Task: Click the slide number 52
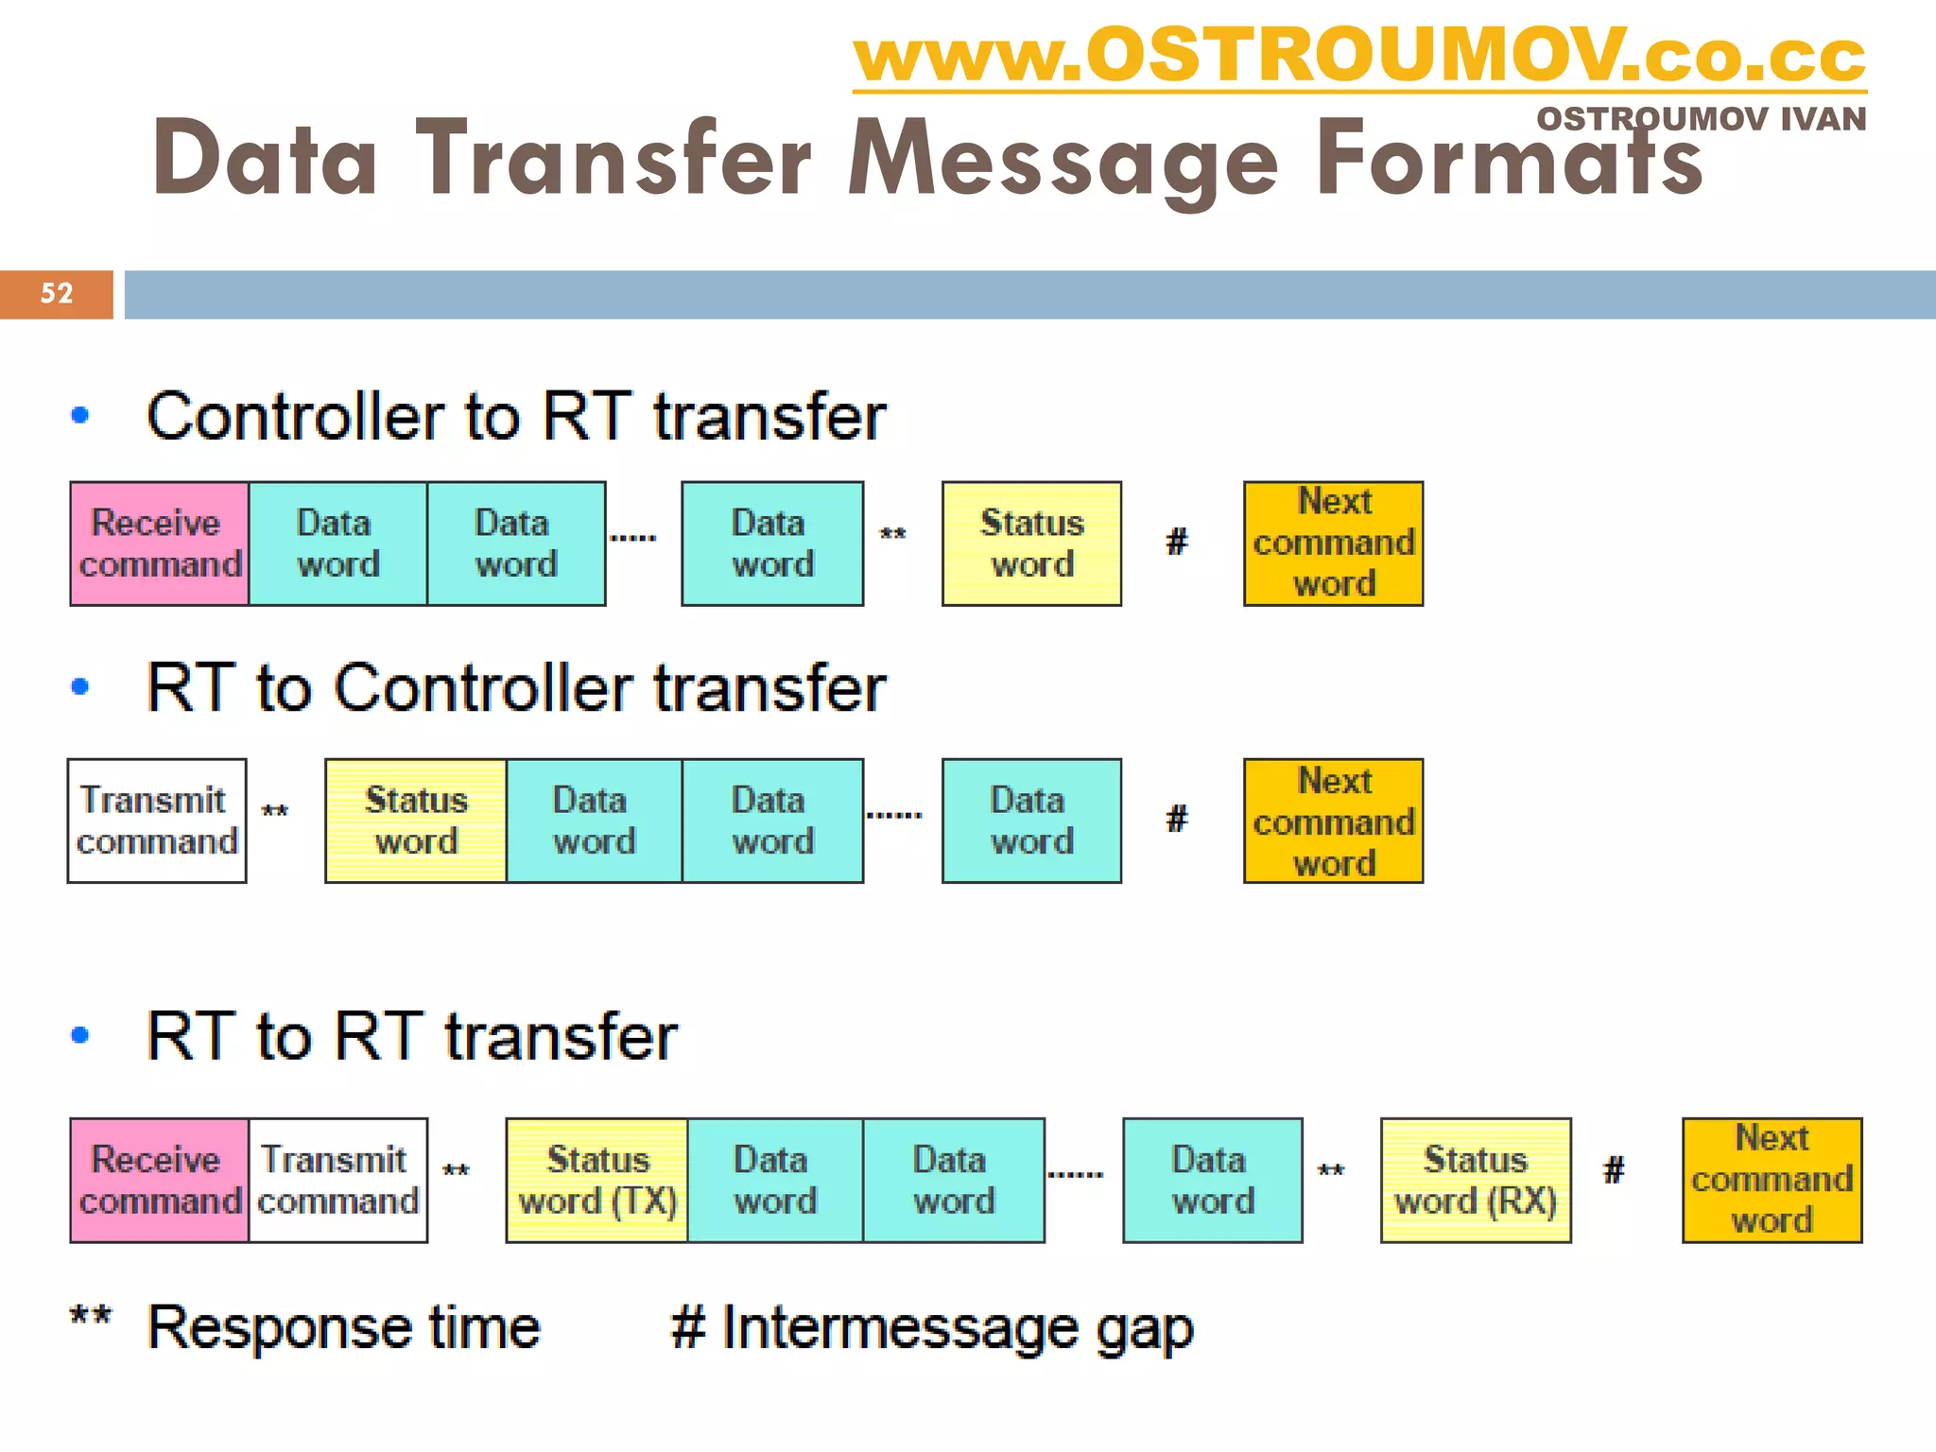click(x=57, y=293)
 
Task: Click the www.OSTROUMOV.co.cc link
click(x=1358, y=57)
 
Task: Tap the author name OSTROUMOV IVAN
click(x=1701, y=119)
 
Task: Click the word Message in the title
click(x=1063, y=158)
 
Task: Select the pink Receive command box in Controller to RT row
click(x=159, y=544)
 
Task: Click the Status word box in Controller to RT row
click(x=1031, y=544)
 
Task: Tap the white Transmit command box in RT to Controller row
click(x=157, y=821)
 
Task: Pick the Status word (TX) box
click(x=596, y=1180)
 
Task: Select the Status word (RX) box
click(x=1476, y=1180)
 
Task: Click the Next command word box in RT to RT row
click(x=1772, y=1180)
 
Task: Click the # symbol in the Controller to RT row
click(x=1177, y=542)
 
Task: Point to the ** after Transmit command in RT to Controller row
click(x=275, y=812)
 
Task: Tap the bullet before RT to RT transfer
click(x=80, y=1035)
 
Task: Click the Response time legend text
click(x=343, y=1326)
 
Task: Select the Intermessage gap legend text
click(x=956, y=1328)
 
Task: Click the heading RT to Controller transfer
click(x=515, y=687)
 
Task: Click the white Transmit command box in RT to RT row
click(x=337, y=1180)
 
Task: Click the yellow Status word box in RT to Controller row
click(x=416, y=821)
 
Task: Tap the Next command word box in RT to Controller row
click(x=1333, y=821)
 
